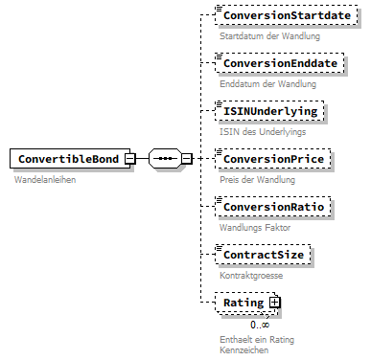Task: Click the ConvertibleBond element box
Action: (x=74, y=159)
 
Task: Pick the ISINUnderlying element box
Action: (x=269, y=112)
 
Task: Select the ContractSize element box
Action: (x=266, y=255)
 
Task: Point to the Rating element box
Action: (x=243, y=303)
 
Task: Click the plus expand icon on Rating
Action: (x=274, y=303)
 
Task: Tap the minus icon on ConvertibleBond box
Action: (x=142, y=159)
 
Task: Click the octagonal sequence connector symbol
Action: (x=165, y=159)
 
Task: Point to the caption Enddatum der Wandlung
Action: (x=267, y=84)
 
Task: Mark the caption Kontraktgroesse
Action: (x=251, y=275)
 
